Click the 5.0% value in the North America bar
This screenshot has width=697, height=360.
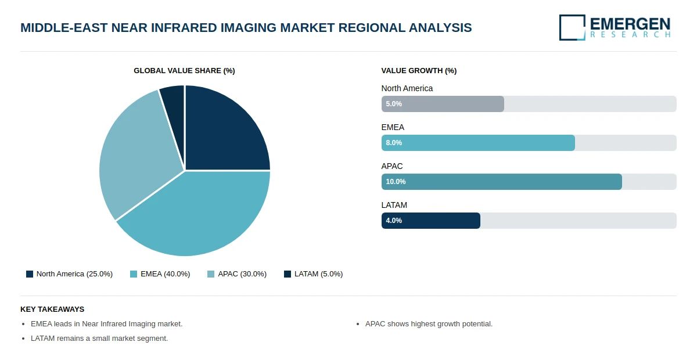coord(394,104)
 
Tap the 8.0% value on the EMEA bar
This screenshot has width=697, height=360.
coord(394,143)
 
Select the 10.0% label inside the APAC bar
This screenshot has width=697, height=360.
coord(396,182)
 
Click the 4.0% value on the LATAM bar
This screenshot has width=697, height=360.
coord(394,221)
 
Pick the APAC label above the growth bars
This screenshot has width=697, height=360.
coord(392,166)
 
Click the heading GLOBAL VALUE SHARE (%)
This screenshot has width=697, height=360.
coord(184,71)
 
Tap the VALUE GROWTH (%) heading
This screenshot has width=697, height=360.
coord(419,71)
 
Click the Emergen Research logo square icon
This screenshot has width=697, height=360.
coord(572,27)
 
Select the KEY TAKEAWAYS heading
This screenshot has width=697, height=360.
coord(52,309)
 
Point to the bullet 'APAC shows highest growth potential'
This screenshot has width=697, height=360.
coord(429,324)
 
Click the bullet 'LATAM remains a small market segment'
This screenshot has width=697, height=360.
coord(99,339)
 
